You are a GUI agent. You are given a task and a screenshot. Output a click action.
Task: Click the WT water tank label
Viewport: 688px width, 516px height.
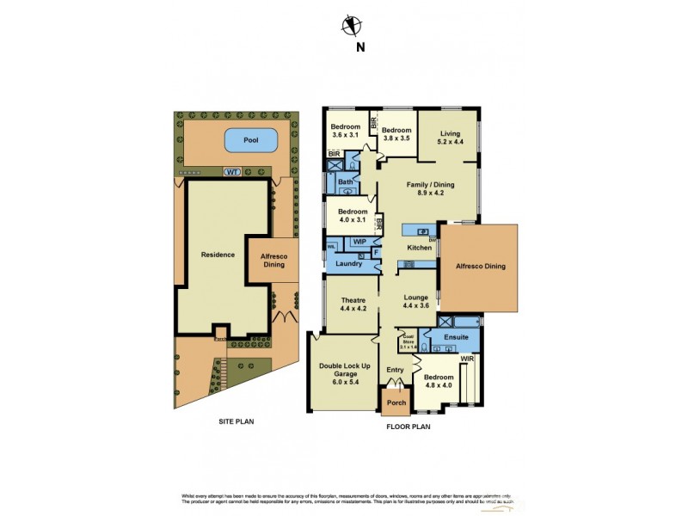tap(230, 172)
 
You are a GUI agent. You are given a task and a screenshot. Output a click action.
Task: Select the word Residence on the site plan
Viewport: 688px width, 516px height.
tap(218, 255)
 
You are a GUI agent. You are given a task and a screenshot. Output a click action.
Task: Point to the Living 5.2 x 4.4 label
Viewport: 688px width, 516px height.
tap(451, 138)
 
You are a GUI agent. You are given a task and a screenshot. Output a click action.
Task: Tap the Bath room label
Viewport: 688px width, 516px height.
tap(346, 182)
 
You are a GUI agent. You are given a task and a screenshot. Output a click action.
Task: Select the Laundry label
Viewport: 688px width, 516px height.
tap(348, 263)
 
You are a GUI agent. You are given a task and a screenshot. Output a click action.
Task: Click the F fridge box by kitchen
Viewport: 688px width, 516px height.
tap(376, 252)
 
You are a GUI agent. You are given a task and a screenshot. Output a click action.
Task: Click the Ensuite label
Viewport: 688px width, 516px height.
tap(454, 338)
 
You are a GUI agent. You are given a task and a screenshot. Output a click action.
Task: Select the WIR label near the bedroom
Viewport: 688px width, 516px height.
tap(467, 357)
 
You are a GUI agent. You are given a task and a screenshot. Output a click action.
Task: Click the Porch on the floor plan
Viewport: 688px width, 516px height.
tap(396, 402)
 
